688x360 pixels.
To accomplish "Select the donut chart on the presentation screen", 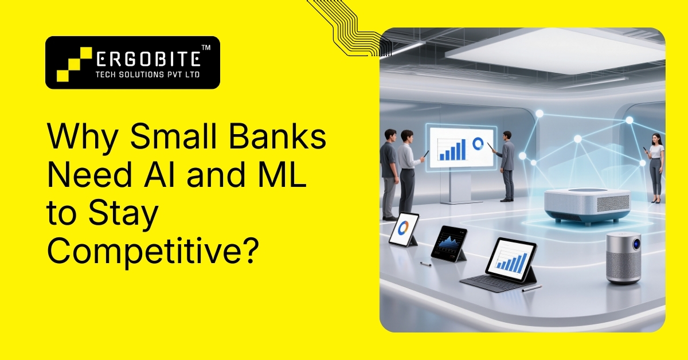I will click(477, 143).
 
